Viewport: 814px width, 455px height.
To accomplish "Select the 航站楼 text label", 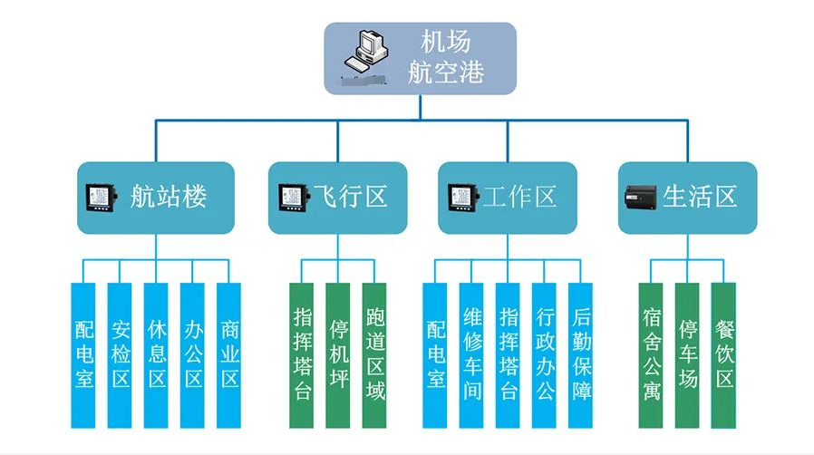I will coord(169,197).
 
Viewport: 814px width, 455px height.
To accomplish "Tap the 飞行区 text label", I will coord(351,197).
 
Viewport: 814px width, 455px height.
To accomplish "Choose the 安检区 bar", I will coord(120,354).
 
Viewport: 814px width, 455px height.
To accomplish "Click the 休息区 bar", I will coord(156,354).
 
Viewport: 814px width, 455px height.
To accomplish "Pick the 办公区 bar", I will coord(192,354).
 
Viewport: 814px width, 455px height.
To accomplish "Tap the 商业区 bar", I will coord(228,354).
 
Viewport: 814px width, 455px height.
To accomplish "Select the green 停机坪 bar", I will coord(338,354).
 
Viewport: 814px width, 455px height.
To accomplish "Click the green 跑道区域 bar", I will coord(374,354).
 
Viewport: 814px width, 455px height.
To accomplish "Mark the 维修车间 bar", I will coord(471,354).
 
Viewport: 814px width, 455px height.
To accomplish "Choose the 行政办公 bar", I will coord(544,354).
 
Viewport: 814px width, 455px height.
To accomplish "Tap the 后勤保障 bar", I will coord(580,354).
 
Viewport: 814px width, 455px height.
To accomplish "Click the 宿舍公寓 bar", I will coord(651,354).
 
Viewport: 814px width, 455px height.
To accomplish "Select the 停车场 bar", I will coord(687,354).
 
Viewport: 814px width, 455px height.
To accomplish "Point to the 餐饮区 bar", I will coord(723,354).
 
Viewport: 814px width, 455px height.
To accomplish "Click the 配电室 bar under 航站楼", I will coord(83,354).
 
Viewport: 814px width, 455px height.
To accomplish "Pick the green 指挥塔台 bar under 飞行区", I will coord(302,354).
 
